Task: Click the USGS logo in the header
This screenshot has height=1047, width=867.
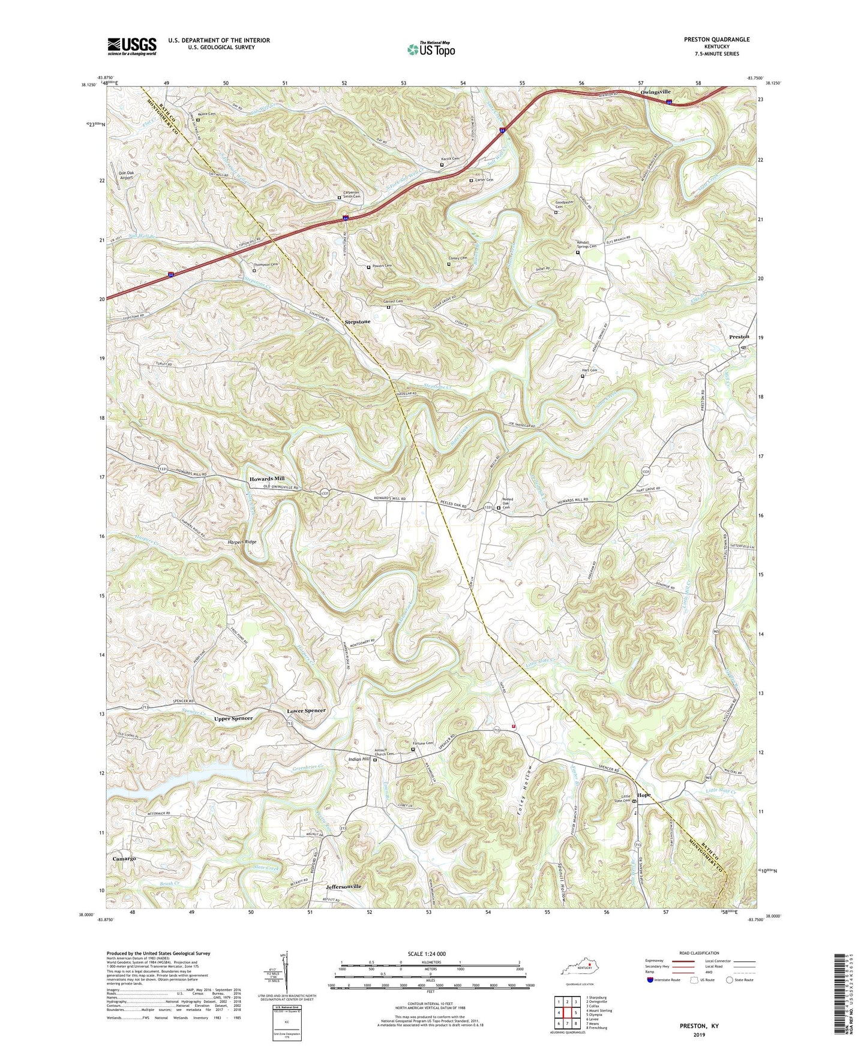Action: coord(132,46)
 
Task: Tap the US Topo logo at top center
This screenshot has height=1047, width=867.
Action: coord(431,49)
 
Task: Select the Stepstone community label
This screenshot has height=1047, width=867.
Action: coord(358,322)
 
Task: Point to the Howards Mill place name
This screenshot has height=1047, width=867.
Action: coord(267,479)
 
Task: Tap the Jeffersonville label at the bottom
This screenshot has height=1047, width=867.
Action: coord(344,886)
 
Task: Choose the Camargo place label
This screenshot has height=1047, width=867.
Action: coord(124,859)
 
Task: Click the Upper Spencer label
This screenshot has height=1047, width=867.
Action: coord(233,718)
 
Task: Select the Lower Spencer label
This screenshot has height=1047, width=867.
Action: coord(306,711)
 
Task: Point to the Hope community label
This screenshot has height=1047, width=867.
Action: coord(643,795)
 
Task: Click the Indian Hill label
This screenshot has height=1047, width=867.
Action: coord(360,760)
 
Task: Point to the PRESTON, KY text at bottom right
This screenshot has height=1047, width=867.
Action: coord(699,1026)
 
